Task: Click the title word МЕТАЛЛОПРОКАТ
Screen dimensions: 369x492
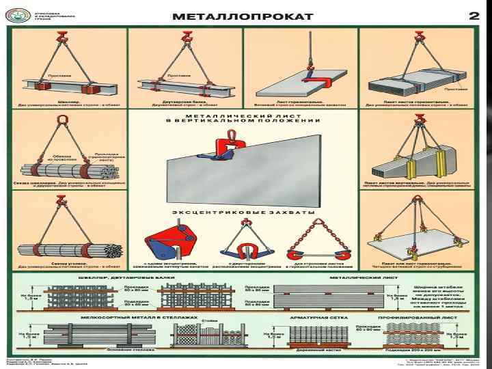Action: [x=242, y=16]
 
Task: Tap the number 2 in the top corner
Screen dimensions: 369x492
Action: [x=473, y=16]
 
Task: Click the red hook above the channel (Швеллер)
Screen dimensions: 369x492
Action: [x=62, y=38]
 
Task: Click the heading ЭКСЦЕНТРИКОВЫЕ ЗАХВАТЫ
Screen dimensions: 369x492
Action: [x=243, y=213]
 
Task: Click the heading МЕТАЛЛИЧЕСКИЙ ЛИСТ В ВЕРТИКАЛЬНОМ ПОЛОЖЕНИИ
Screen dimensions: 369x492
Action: [x=243, y=120]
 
